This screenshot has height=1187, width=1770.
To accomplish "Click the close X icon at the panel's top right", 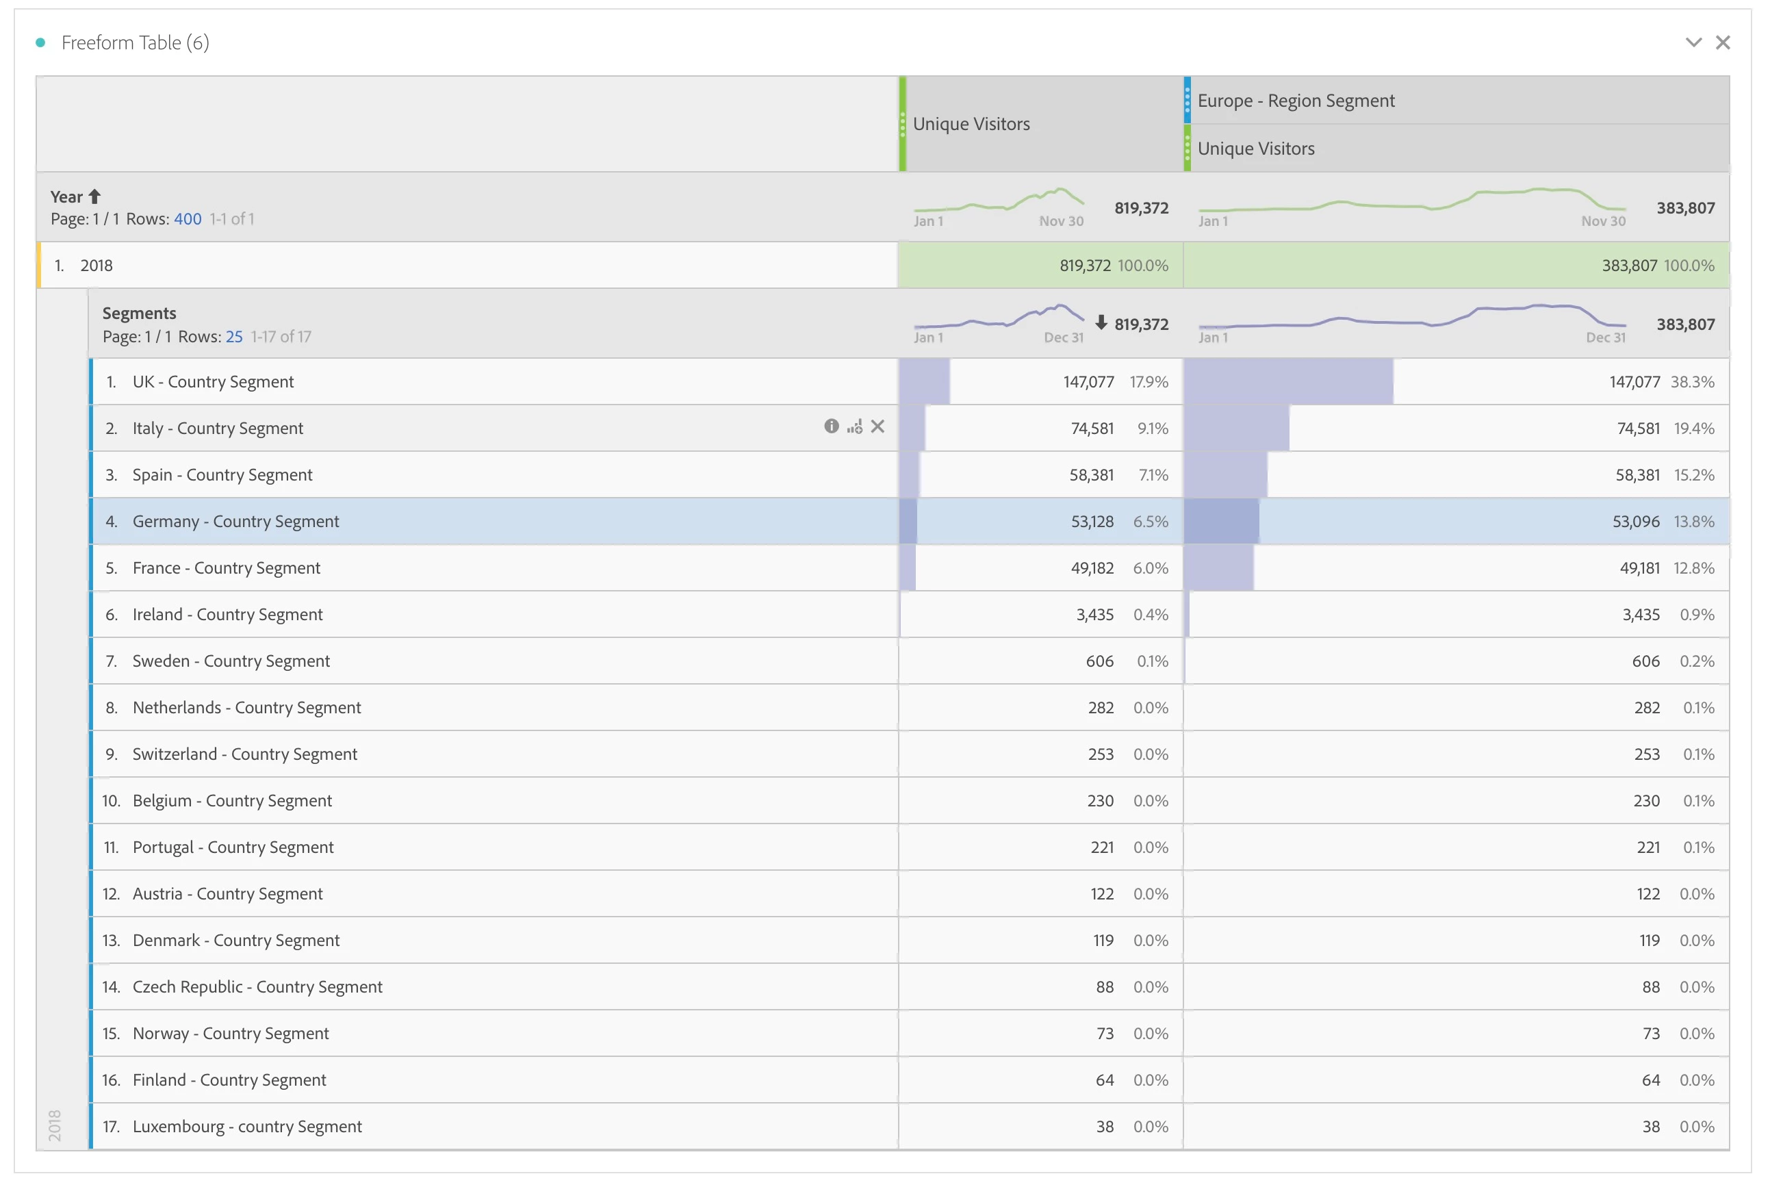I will point(1722,42).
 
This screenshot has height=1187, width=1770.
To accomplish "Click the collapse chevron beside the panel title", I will point(1693,42).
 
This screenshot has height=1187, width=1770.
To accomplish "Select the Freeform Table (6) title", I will point(135,42).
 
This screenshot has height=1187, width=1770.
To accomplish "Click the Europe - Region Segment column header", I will point(1296,101).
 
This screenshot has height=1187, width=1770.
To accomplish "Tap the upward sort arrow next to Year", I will point(94,197).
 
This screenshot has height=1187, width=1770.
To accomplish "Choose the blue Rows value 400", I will point(188,219).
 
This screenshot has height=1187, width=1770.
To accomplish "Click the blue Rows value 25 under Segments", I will point(234,336).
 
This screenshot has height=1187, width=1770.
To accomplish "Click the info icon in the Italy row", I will point(831,427).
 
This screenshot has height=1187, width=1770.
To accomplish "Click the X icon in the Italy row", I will point(877,427).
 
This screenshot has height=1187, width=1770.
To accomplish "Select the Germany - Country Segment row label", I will point(235,522).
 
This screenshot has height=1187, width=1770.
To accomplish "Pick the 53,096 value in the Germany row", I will point(1635,522).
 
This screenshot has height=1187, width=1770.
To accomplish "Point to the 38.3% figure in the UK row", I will point(1692,381).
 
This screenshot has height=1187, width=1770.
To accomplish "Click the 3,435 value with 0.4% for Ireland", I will point(1094,615).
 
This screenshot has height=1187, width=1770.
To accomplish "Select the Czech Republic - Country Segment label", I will point(257,987).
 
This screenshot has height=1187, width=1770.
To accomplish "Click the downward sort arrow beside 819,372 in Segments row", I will point(1101,323).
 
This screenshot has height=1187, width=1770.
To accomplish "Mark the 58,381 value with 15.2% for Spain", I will point(1638,474).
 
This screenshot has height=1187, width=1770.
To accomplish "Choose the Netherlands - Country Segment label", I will point(246,708).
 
